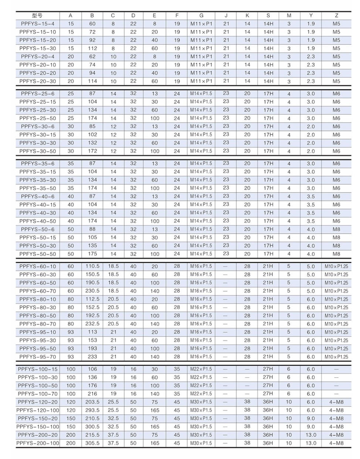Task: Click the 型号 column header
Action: (37, 16)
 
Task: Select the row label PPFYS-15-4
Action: (37, 24)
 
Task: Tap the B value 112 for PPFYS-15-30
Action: (92, 48)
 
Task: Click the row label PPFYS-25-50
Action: (37, 118)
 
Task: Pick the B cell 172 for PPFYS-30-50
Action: (92, 151)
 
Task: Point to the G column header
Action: (201, 16)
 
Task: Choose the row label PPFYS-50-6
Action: (37, 229)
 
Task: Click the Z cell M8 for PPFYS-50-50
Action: (336, 254)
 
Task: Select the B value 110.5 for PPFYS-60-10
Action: (92, 266)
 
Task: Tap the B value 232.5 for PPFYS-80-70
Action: (92, 324)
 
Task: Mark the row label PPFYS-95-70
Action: (37, 357)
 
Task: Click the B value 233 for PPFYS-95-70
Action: (92, 357)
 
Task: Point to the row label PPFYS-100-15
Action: (37, 369)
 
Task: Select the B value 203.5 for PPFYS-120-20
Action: (92, 402)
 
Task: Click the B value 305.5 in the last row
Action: (92, 443)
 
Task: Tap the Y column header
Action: (311, 16)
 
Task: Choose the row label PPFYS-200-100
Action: (37, 443)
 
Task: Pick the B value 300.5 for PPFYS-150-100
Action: (92, 426)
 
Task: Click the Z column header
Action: (336, 16)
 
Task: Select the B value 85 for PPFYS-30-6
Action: (92, 126)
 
